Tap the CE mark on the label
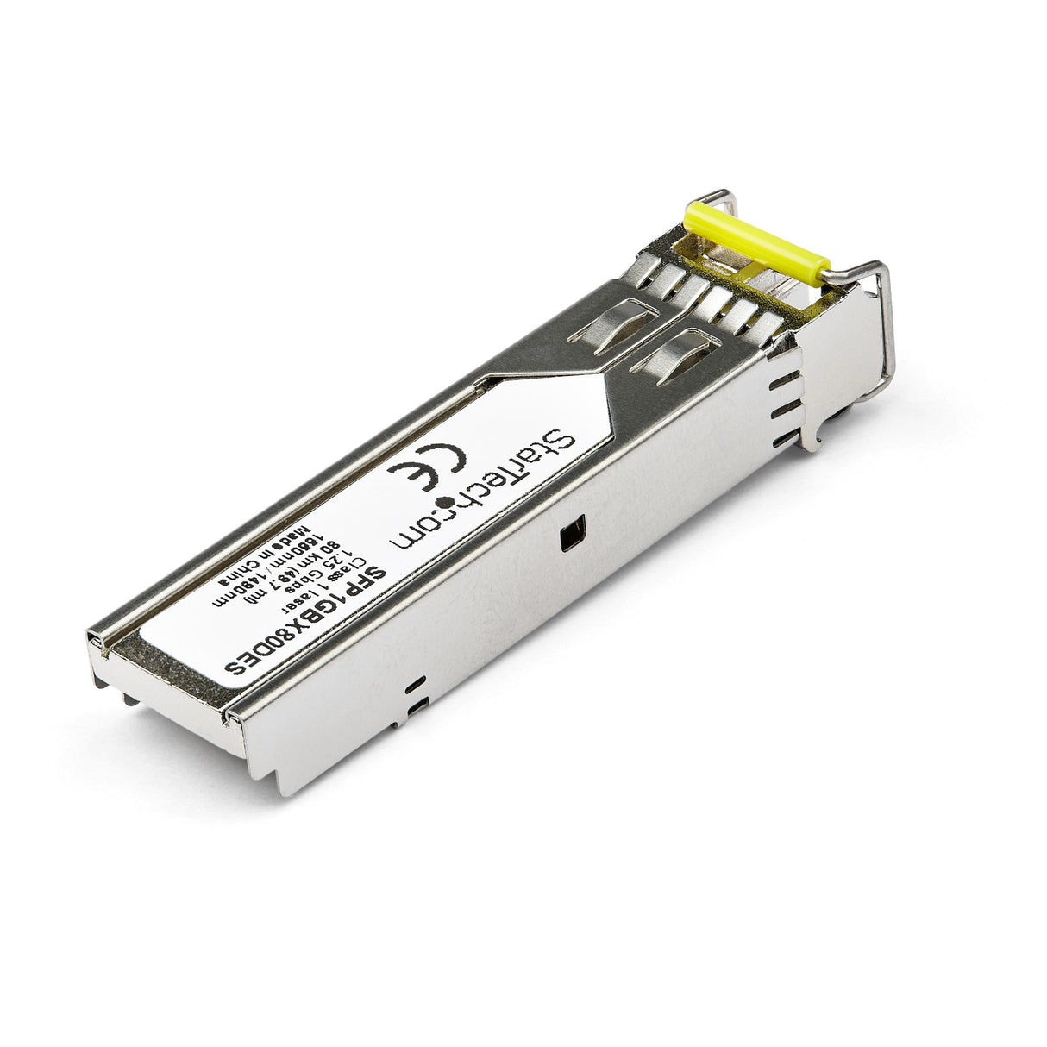[x=428, y=469]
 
